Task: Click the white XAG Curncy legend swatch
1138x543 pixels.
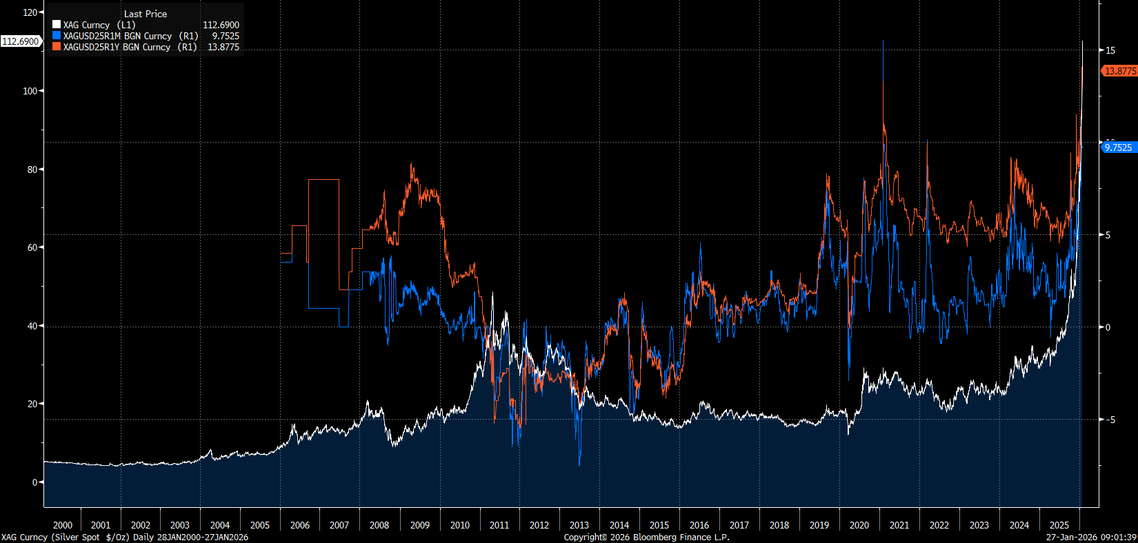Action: pos(57,25)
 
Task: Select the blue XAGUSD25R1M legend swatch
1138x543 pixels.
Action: pos(57,36)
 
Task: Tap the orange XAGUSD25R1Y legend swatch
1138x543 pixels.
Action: pos(57,47)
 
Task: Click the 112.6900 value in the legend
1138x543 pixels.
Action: pos(221,25)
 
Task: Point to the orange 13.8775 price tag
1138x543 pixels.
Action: pos(1119,71)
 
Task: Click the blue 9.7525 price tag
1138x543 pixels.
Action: pos(1118,147)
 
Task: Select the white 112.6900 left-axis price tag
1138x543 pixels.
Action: pos(21,41)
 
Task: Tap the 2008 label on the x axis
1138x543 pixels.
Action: pos(379,525)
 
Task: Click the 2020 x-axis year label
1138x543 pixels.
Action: pos(859,525)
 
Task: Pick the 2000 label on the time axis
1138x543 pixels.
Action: pos(63,525)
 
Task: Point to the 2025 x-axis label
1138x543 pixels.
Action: pos(1059,525)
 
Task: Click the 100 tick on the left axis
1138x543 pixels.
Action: pos(30,91)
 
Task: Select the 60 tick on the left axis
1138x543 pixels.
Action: pos(32,247)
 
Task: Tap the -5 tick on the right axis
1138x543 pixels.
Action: pos(1110,420)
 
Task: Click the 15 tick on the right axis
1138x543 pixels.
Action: pos(1110,50)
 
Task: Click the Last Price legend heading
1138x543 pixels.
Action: pos(146,14)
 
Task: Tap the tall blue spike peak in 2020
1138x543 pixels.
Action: pos(883,42)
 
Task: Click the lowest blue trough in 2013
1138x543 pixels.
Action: pos(579,464)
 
